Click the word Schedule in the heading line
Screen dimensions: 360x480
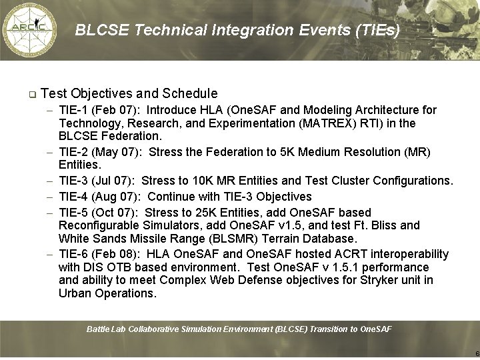tap(187, 93)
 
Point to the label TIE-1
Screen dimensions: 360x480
tap(73, 109)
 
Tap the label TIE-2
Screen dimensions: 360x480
tap(73, 151)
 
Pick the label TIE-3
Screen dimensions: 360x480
tap(73, 181)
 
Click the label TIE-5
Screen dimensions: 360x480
tap(73, 211)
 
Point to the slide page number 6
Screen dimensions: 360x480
tap(477, 353)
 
